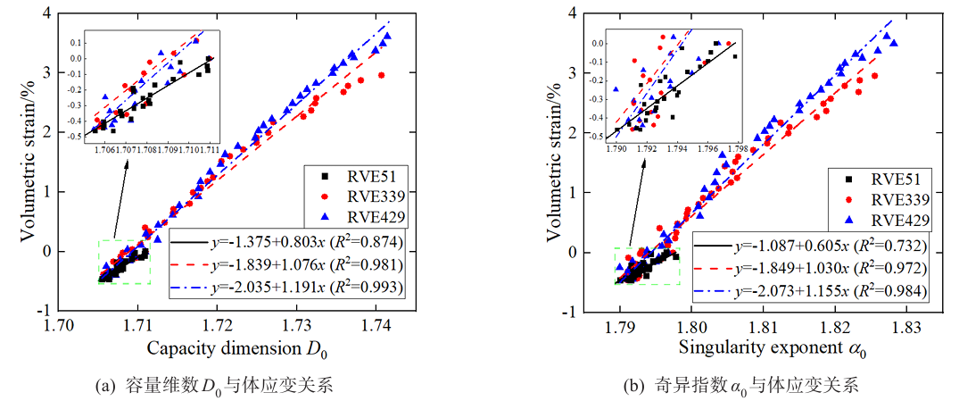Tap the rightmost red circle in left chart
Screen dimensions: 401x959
pos(381,75)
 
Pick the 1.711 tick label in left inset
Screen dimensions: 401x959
pos(211,147)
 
